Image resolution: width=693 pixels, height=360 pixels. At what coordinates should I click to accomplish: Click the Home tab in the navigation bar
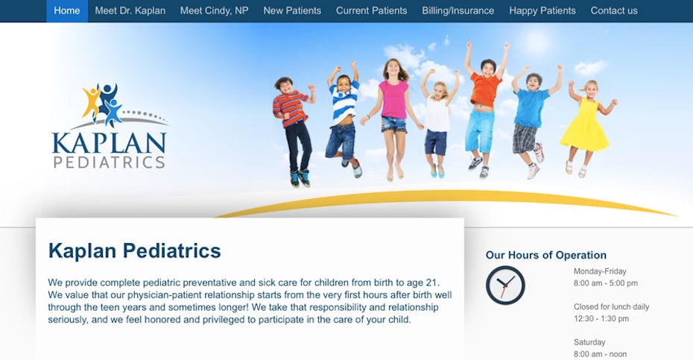(x=67, y=10)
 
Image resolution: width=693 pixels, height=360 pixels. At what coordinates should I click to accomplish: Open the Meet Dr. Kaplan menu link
(x=130, y=10)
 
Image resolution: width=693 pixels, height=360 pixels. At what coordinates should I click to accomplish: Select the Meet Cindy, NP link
(x=215, y=10)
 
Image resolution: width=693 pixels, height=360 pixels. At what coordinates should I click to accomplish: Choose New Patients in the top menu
(x=292, y=10)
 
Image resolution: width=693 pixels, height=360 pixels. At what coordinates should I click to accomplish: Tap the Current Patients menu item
(x=371, y=10)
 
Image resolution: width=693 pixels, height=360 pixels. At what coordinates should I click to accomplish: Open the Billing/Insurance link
(x=458, y=10)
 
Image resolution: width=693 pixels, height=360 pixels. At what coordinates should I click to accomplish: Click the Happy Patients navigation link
(x=542, y=10)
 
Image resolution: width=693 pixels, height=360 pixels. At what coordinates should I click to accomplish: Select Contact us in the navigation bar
(x=614, y=10)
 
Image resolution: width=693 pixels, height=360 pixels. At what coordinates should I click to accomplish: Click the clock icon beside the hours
(x=505, y=285)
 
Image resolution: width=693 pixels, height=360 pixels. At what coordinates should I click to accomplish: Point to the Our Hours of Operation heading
(x=545, y=255)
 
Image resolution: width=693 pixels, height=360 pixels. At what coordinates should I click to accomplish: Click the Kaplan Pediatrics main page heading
(x=134, y=250)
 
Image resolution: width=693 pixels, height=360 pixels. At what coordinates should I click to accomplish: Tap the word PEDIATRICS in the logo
(x=109, y=162)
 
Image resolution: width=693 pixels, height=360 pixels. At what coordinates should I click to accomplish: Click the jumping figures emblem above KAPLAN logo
(x=104, y=104)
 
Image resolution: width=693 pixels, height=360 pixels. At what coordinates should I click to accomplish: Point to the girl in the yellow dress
(x=586, y=126)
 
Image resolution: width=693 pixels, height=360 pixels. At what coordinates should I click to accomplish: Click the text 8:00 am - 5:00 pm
(x=606, y=283)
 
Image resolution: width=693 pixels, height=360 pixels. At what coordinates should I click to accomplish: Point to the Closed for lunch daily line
(x=611, y=306)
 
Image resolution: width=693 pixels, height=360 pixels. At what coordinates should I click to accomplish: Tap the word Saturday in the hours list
(x=589, y=342)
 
